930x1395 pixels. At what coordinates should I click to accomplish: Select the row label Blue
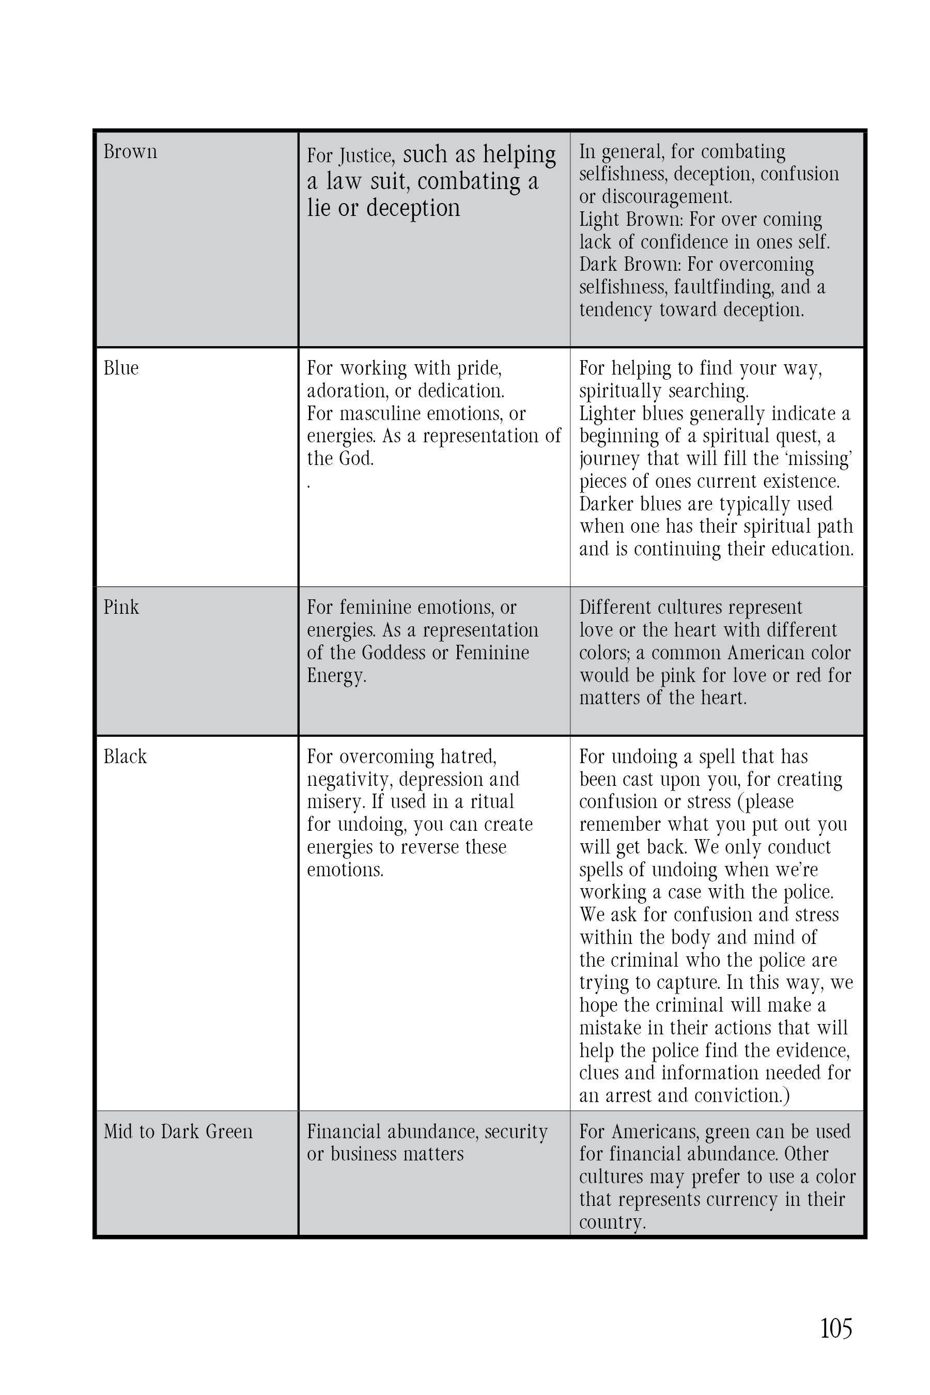click(121, 368)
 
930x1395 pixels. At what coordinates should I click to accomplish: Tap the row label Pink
click(121, 608)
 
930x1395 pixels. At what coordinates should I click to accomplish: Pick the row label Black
click(125, 757)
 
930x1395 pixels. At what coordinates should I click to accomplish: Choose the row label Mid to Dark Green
click(178, 1131)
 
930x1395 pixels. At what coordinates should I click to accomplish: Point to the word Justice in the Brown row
click(366, 156)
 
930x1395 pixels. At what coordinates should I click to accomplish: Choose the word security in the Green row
click(516, 1131)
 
